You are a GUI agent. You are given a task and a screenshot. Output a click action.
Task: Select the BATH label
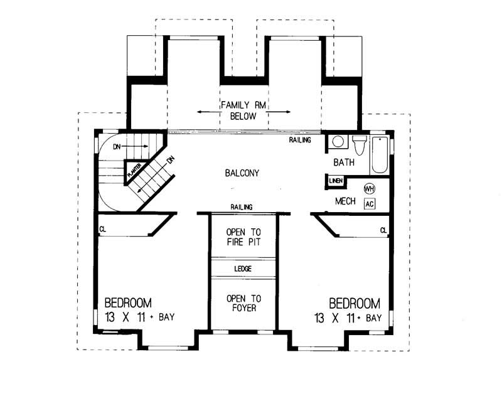coord(344,162)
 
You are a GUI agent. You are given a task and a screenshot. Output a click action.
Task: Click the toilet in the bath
coord(360,145)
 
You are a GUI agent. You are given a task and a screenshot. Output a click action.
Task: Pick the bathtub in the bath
coord(380,154)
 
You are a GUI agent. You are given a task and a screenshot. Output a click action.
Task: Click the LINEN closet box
coord(334,181)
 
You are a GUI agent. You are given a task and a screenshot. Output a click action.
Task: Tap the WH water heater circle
coord(370,188)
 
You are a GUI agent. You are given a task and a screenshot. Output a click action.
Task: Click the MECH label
coord(346,201)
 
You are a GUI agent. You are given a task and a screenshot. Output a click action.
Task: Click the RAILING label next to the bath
coord(300,140)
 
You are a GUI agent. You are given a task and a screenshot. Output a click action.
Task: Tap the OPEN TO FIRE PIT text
coord(243,237)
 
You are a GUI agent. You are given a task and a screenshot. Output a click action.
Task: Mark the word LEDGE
coord(243,268)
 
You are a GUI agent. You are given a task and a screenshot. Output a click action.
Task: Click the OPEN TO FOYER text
coord(243,303)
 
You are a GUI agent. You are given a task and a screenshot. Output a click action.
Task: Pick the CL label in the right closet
coord(383,230)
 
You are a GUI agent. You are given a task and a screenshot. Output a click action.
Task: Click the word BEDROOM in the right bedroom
coord(355,302)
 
